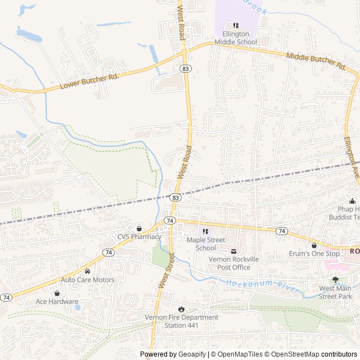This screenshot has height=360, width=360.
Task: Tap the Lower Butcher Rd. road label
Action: click(90, 80)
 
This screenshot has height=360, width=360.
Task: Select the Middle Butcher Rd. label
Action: click(316, 61)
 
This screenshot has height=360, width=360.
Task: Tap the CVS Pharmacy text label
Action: click(139, 236)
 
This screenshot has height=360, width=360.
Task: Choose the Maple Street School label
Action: click(201, 244)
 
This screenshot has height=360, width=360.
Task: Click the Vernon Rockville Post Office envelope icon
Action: click(233, 251)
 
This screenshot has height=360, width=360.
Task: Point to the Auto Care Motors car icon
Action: click(87, 271)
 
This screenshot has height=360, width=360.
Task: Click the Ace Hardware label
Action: click(57, 301)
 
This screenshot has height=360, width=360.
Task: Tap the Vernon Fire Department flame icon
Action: click(181, 308)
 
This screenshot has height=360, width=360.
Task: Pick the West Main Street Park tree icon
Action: click(335, 280)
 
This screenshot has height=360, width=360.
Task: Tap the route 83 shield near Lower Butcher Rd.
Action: click(185, 67)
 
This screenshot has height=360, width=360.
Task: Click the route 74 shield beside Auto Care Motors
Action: click(108, 254)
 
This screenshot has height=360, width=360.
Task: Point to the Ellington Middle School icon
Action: click(235, 25)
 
